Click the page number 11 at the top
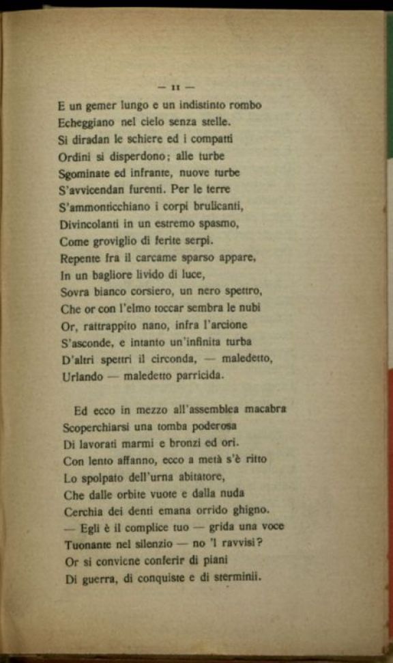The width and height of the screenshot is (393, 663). click(x=176, y=87)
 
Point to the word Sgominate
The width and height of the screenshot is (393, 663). click(x=84, y=174)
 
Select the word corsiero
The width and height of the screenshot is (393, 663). click(x=147, y=291)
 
